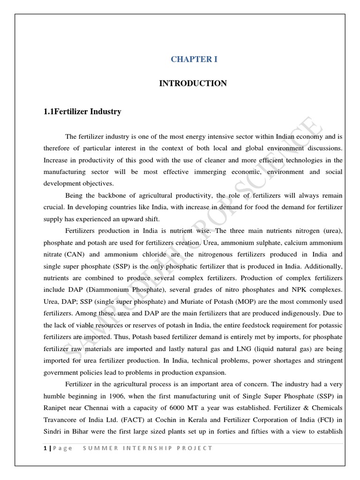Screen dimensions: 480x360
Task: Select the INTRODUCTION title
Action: (x=193, y=83)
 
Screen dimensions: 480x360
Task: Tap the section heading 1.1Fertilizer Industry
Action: (x=82, y=112)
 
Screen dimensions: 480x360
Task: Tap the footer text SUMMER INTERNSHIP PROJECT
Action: (x=148, y=448)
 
